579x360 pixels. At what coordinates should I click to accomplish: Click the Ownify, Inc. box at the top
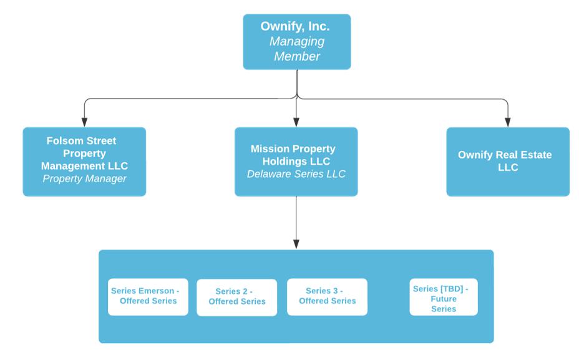(x=296, y=41)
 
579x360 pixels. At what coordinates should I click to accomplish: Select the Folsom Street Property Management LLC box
(x=84, y=162)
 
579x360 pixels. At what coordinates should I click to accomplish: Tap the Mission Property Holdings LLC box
(x=296, y=162)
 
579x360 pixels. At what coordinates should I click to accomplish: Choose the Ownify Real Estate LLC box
(x=508, y=162)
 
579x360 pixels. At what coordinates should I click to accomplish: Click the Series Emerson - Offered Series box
(x=148, y=296)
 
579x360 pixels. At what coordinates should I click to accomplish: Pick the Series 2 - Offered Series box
(x=237, y=297)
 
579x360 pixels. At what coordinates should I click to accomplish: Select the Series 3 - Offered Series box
(x=327, y=296)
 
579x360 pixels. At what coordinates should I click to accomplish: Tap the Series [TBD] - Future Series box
(x=444, y=297)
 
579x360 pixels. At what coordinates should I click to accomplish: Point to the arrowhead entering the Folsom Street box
(x=84, y=122)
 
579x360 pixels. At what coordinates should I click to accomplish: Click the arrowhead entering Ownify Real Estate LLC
(x=508, y=122)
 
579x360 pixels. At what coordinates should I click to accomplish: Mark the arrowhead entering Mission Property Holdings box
(x=296, y=122)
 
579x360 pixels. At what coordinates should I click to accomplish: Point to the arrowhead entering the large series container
(x=296, y=244)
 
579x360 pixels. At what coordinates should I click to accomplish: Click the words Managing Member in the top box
(x=297, y=49)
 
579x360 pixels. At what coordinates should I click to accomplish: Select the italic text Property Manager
(x=84, y=179)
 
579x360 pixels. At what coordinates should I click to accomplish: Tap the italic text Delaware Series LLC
(x=296, y=174)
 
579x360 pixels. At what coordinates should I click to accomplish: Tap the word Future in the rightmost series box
(x=444, y=299)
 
